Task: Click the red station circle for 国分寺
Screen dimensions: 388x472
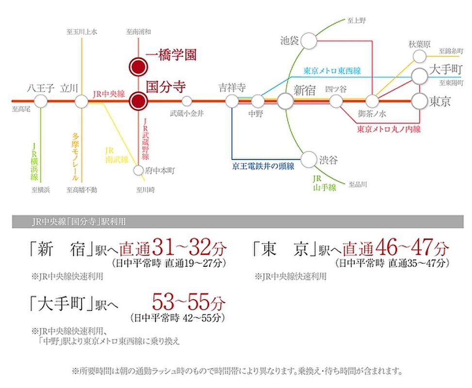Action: [138, 101]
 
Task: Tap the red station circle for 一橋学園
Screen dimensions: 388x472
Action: [138, 65]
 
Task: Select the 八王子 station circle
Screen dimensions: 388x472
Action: [41, 101]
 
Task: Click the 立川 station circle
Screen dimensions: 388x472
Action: [81, 101]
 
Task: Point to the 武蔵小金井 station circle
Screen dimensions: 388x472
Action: [187, 101]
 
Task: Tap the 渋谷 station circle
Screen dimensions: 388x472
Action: [309, 159]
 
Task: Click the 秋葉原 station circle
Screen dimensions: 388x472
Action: [420, 56]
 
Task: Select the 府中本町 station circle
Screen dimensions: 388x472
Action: [139, 170]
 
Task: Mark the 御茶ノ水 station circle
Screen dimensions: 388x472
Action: [372, 101]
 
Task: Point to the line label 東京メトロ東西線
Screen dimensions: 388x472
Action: [332, 70]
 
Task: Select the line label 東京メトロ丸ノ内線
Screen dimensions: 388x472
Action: [389, 129]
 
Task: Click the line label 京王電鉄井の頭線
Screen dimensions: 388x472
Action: [263, 166]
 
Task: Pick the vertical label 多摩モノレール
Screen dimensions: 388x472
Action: [75, 156]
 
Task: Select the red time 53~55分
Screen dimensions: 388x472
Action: [189, 303]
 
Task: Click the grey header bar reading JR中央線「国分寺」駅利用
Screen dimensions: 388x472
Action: [237, 222]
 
